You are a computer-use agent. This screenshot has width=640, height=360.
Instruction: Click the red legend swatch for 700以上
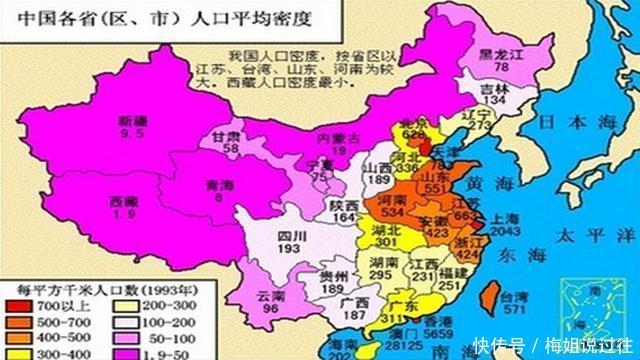(x=17, y=303)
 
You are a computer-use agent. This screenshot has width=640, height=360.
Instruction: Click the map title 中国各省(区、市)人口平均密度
(x=104, y=15)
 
